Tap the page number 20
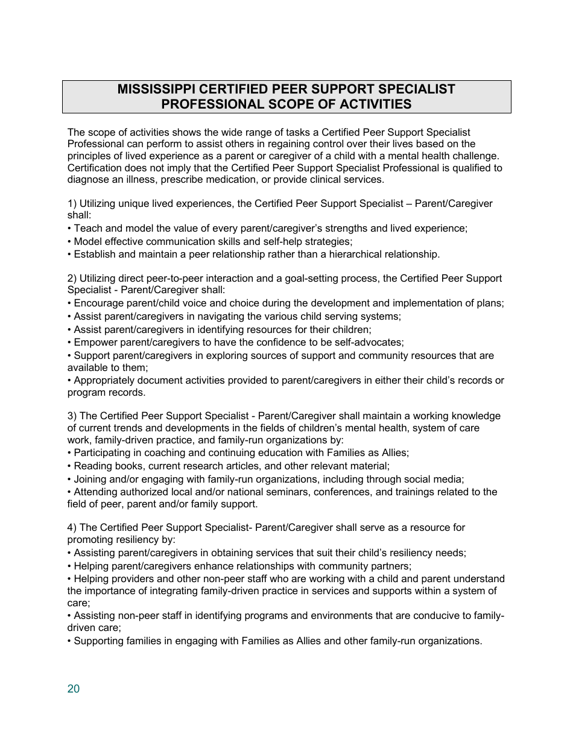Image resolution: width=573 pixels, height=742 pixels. click(x=74, y=689)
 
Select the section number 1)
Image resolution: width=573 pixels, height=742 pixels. click(x=72, y=204)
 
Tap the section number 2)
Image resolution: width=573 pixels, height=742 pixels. click(x=72, y=278)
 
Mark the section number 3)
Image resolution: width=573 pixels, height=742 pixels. click(x=72, y=416)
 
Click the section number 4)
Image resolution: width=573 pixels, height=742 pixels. click(x=72, y=528)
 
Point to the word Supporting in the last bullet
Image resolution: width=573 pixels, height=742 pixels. click(x=98, y=641)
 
